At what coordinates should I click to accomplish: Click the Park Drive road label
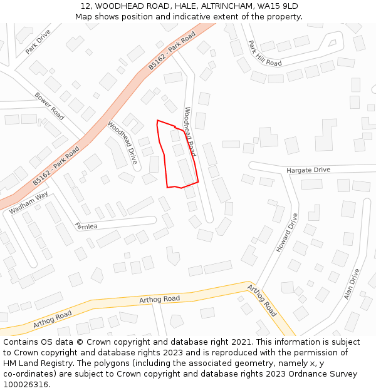38,41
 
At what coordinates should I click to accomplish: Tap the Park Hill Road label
264,54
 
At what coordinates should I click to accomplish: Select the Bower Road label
50,106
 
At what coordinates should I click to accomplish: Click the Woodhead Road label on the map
190,131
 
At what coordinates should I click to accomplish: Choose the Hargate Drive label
308,170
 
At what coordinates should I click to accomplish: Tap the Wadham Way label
29,203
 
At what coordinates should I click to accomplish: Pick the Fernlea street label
86,226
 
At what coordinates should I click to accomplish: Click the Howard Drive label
288,232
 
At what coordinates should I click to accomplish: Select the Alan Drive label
352,284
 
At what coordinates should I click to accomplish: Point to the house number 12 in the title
85,6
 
